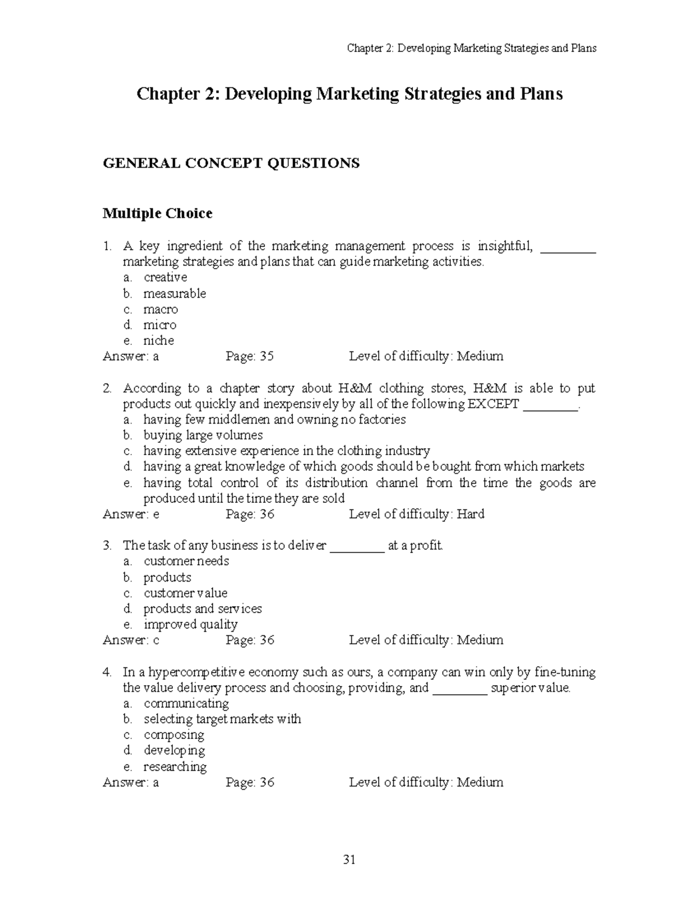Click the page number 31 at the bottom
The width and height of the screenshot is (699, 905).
[x=349, y=860]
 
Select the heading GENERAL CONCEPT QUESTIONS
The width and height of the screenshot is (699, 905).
[x=231, y=163]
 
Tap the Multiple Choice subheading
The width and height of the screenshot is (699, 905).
[x=157, y=214]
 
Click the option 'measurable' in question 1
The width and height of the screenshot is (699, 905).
[x=174, y=294]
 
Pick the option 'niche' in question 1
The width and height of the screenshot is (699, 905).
[x=158, y=341]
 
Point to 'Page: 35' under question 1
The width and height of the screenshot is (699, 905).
[x=249, y=356]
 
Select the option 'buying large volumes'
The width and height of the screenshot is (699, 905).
[x=203, y=435]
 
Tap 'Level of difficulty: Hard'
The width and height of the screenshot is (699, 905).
[x=416, y=514]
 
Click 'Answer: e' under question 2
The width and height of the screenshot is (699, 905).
[x=131, y=514]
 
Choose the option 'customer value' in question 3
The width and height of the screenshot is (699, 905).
[x=185, y=593]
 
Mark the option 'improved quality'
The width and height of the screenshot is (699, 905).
[x=190, y=625]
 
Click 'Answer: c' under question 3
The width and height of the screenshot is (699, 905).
[x=131, y=640]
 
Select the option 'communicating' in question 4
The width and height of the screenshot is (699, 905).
[x=186, y=703]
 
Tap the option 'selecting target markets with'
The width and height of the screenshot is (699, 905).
[x=222, y=719]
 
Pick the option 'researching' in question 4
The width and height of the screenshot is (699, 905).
[x=175, y=767]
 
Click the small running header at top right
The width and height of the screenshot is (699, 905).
[x=471, y=48]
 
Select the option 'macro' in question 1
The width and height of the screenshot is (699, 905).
[x=160, y=309]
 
